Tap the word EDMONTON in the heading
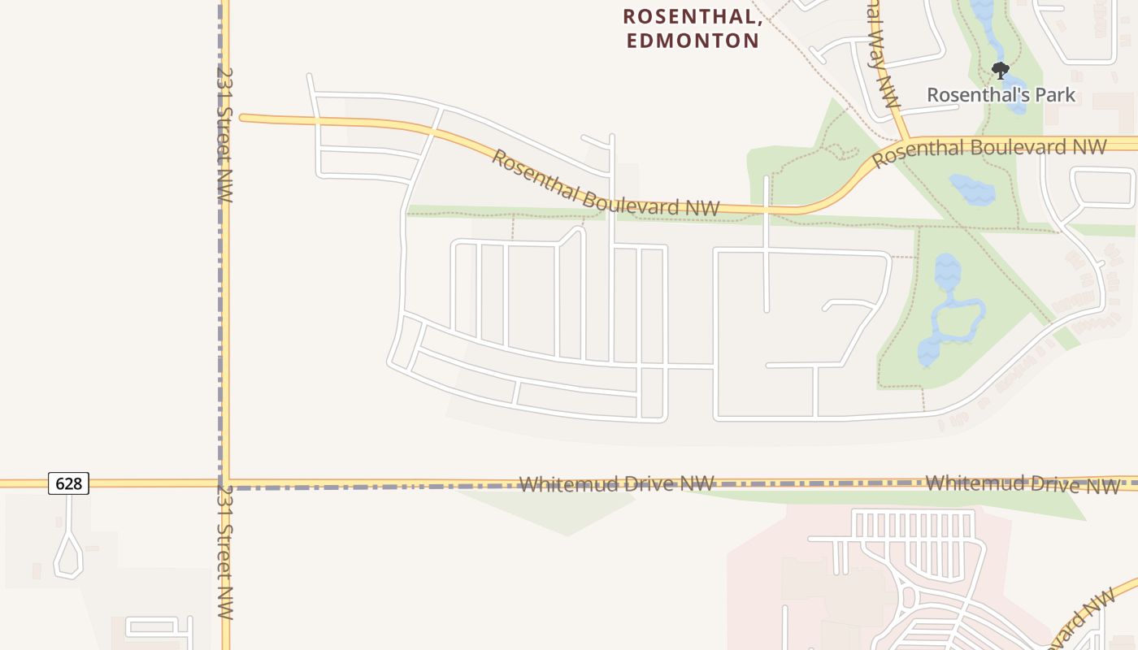pos(693,40)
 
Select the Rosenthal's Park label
pos(1001,95)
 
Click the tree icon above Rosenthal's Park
pos(1001,70)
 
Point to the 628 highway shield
pos(68,483)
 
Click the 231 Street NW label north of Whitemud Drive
pos(225,134)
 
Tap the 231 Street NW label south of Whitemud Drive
pos(225,552)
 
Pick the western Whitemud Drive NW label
pos(616,484)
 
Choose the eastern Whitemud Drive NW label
pos(1022,483)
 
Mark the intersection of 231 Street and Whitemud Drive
pos(225,483)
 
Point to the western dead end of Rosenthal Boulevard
pos(242,118)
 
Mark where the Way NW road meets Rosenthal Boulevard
pos(905,141)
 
